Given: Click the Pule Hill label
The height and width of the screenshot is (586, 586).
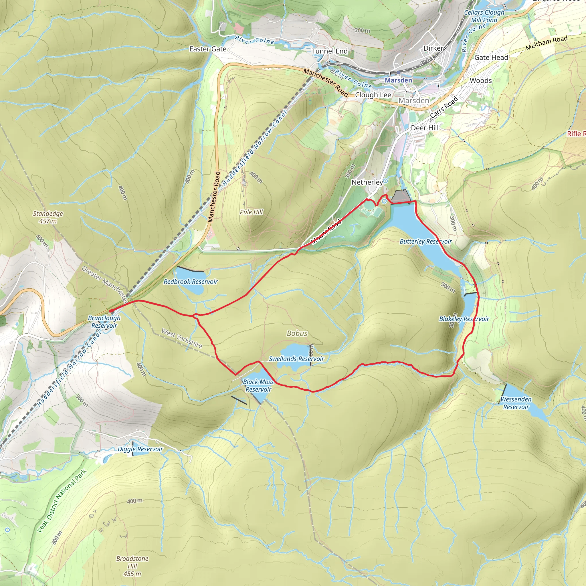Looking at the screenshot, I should (x=251, y=212).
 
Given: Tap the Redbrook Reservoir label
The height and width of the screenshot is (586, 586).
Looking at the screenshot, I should (x=191, y=282).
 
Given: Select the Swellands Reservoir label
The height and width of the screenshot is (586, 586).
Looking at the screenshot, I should (x=296, y=359).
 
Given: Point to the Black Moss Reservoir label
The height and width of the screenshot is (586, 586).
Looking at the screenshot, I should (x=258, y=385).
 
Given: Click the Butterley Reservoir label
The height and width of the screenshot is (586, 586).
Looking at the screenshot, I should (x=425, y=241).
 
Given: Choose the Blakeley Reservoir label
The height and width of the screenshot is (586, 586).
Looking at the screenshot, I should (x=464, y=319).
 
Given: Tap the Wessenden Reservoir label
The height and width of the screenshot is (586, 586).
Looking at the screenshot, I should (x=516, y=403).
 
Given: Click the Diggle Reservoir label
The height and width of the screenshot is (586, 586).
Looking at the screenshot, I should (x=140, y=449).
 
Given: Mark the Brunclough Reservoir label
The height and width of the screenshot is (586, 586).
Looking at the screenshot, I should (x=104, y=322).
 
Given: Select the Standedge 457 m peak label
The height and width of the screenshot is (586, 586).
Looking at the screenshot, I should (x=48, y=217).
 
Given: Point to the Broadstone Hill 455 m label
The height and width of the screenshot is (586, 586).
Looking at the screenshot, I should (x=132, y=566).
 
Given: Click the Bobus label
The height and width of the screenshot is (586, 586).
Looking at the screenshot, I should (x=297, y=333).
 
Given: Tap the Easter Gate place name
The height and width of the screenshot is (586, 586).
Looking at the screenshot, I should (x=208, y=49).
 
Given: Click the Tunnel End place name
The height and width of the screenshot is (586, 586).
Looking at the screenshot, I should (x=330, y=51).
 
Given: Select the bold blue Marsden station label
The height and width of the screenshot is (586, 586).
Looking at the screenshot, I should (x=398, y=80).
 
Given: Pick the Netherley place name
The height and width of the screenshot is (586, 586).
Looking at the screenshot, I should (x=367, y=182).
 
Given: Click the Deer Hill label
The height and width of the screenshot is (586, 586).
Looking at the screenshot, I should (x=424, y=128).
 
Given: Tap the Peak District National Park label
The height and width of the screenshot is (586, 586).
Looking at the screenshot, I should (x=62, y=501).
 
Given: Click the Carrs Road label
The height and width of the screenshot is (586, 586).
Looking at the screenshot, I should (x=444, y=107).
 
